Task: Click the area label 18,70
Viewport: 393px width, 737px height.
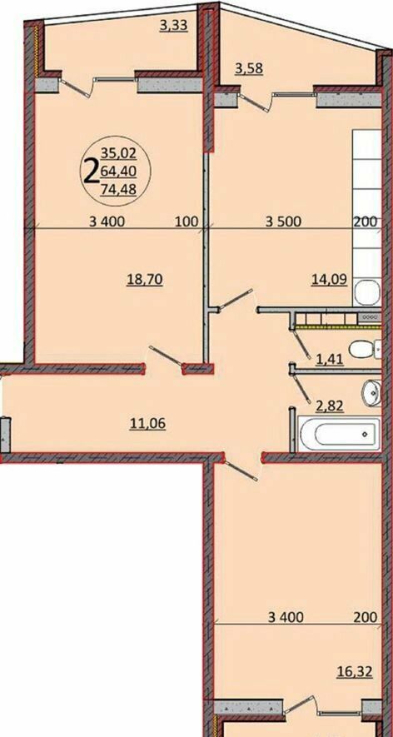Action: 145,280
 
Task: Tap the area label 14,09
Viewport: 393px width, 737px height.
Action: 329,280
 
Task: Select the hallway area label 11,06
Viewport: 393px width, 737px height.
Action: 148,425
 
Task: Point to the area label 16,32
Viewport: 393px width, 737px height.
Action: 355,672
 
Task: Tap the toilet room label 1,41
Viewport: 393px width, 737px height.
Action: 330,360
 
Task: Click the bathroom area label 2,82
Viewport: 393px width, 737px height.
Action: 330,406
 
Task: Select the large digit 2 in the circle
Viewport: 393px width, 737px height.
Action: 91,172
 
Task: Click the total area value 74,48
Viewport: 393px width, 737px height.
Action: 118,189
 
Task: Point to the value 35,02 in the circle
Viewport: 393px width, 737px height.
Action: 118,152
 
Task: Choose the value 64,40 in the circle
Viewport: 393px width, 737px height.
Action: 118,172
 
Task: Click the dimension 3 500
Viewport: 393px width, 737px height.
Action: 283,222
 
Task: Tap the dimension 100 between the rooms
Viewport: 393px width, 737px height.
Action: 187,222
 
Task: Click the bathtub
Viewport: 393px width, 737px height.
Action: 340,433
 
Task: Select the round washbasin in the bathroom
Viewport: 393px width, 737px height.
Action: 371,392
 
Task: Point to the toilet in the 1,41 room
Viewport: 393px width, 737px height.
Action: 365,349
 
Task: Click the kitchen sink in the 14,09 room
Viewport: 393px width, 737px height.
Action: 367,292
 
